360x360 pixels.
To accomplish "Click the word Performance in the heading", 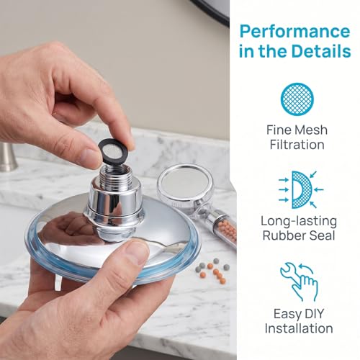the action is pos(294,31).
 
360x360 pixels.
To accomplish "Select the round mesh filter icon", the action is pos(297,99).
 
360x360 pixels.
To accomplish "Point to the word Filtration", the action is pos(297,145).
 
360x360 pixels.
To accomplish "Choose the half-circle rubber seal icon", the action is pos(301,189).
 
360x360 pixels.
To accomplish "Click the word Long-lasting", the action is pos(299,222).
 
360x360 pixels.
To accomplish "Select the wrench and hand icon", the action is pos(299,282).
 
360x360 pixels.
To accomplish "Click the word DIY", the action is pos(311,314).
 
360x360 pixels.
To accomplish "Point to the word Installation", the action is pos(299,328).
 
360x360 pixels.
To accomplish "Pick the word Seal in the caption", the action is pos(322,235).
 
